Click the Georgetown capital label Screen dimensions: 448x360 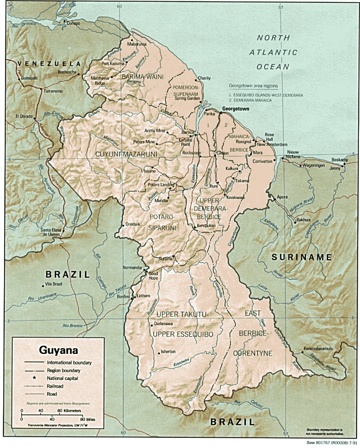pyautogui.click(x=235, y=109)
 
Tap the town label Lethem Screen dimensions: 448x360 pyautogui.click(x=143, y=296)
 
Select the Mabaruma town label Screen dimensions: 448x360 pyautogui.click(x=137, y=44)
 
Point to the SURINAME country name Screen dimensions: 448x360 pyautogui.click(x=301, y=257)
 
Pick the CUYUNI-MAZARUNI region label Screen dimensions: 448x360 pyautogui.click(x=126, y=154)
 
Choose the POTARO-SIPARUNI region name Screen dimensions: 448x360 pyautogui.click(x=162, y=222)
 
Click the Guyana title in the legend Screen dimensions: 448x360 pyautogui.click(x=58, y=350)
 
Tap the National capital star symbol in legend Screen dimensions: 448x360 pyautogui.click(x=34, y=378)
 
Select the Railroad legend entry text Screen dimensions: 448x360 pyautogui.click(x=55, y=386)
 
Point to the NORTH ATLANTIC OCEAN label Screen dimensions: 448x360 pyautogui.click(x=273, y=52)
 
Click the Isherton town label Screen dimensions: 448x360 pyautogui.click(x=168, y=351)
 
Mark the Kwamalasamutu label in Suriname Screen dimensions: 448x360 pyautogui.click(x=318, y=349)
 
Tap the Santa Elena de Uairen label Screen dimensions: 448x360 pyautogui.click(x=51, y=232)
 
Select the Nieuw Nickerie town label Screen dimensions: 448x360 pyautogui.click(x=293, y=154)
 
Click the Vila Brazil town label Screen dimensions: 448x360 pyautogui.click(x=53, y=284)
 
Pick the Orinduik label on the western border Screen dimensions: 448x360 pyautogui.click(x=133, y=224)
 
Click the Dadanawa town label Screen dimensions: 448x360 pyautogui.click(x=163, y=324)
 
